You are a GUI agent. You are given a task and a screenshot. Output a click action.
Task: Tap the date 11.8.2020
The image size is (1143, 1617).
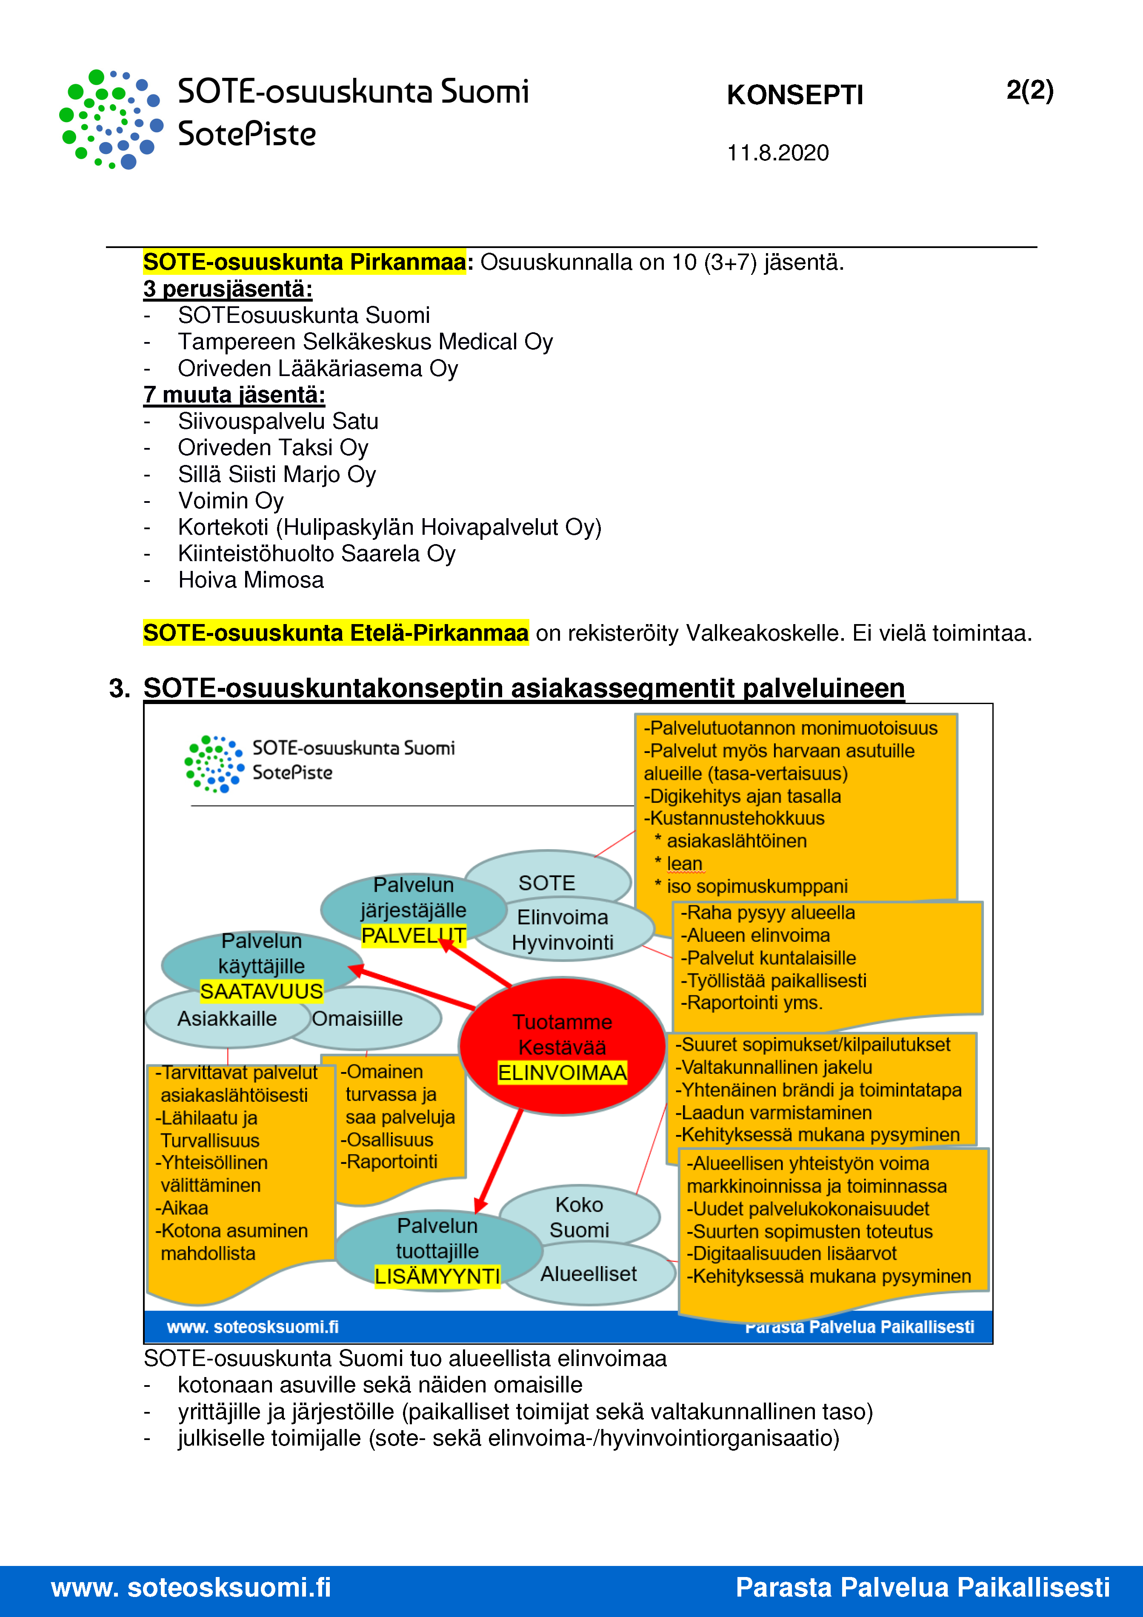[777, 153]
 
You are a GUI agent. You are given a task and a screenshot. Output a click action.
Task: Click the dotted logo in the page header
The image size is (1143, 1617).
[111, 119]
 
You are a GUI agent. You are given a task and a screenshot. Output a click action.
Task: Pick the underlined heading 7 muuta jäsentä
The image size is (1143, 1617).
[234, 395]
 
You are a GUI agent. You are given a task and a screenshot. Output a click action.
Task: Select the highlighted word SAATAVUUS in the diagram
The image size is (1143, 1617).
[261, 992]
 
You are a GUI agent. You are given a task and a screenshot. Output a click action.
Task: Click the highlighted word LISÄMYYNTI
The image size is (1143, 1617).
[437, 1276]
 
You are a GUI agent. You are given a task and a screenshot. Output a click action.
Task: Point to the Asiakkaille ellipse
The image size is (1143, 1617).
[226, 1019]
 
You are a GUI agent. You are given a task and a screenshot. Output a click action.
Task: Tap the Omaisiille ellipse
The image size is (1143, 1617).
[366, 1019]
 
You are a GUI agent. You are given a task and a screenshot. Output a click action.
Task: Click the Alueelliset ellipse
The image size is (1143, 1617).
[589, 1274]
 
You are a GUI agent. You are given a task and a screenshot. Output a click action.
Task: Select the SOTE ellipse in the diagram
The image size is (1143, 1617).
[547, 882]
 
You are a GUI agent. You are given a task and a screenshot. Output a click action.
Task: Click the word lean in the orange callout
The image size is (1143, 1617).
[684, 864]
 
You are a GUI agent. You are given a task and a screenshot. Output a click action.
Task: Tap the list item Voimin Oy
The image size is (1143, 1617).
[231, 501]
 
